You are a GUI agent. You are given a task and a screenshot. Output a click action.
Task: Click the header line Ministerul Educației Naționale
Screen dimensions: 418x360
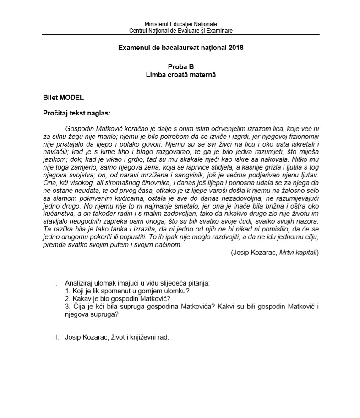180,24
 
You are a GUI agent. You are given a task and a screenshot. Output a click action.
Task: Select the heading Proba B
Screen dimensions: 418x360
180,66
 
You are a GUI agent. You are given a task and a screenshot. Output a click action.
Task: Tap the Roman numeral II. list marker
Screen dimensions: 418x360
56,337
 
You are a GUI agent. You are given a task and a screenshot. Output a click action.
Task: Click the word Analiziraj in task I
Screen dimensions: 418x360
81,283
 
